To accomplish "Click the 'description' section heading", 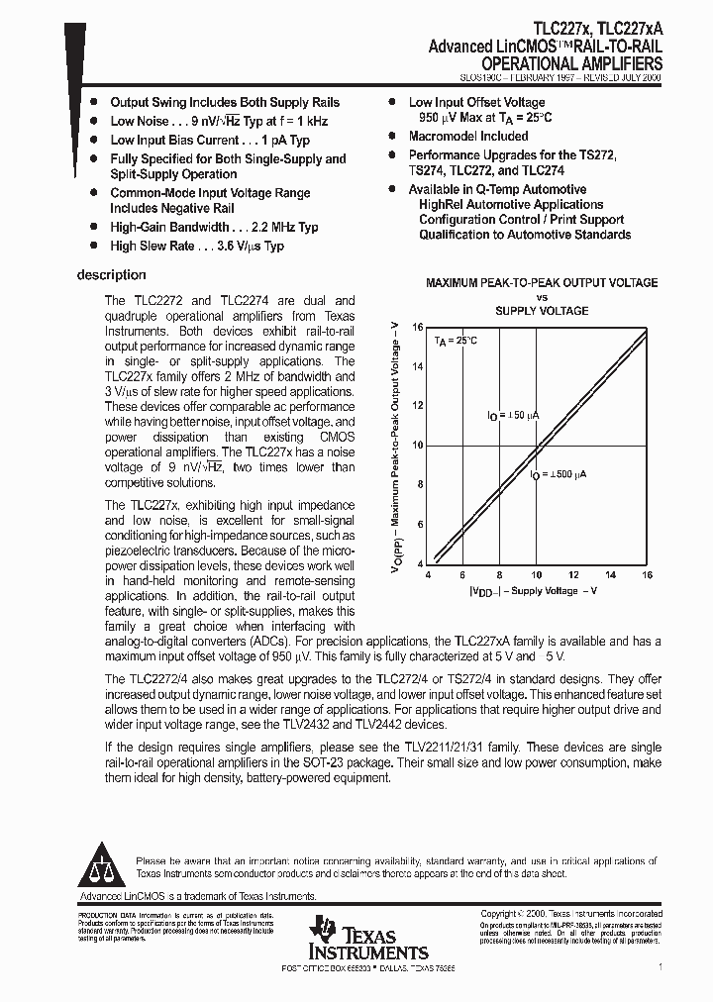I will point(111,275).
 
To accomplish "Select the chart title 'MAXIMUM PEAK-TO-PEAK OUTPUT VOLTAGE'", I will point(542,283).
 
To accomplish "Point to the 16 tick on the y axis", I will point(417,327).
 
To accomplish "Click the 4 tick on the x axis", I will point(428,574).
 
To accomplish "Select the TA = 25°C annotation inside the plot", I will point(456,341).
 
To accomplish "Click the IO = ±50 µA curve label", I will point(515,415).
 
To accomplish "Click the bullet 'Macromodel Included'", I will point(468,137).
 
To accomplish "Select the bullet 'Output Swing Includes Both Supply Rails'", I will point(224,102).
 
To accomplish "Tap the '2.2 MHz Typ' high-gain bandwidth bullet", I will point(214,227).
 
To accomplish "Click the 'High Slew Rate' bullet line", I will point(197,246).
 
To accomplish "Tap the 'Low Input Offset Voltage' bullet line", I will point(476,102).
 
